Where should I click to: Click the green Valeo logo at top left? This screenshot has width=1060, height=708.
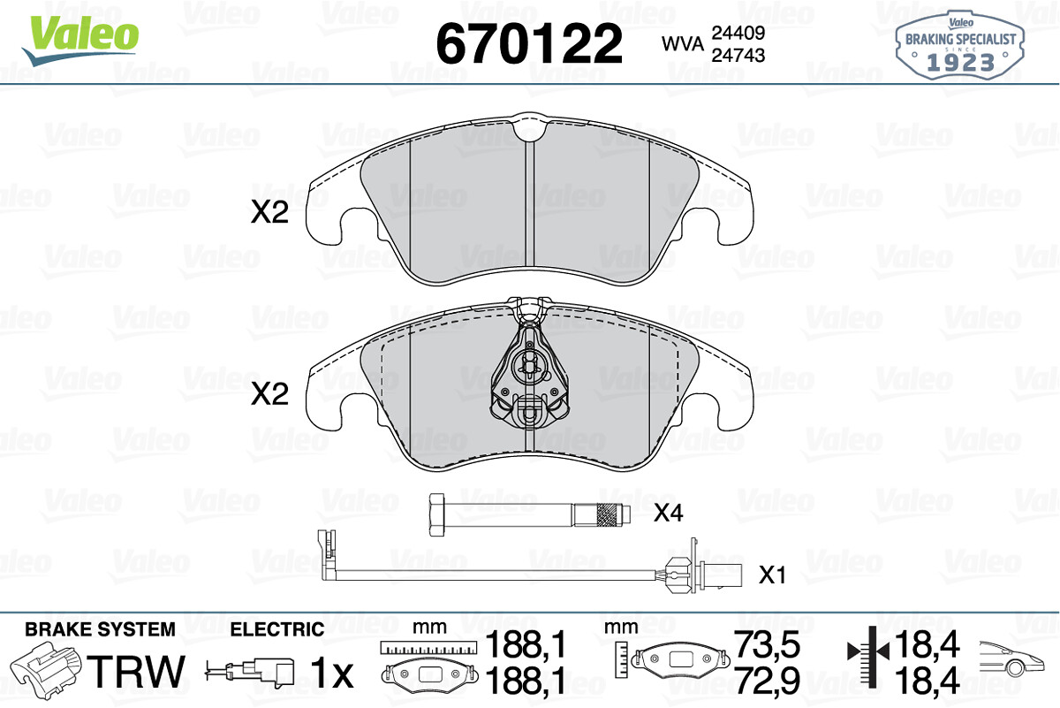(80, 40)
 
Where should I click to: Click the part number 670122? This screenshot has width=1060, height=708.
(529, 43)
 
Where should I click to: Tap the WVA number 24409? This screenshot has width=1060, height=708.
(738, 33)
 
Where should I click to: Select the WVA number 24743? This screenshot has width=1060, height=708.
(738, 56)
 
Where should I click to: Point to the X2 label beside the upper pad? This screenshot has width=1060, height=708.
(269, 213)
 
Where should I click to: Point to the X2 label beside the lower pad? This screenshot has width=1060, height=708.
(269, 394)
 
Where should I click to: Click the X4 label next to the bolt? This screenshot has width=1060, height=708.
(668, 513)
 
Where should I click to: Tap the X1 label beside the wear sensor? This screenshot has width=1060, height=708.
(772, 575)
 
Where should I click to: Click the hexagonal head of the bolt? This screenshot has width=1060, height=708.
(436, 514)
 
